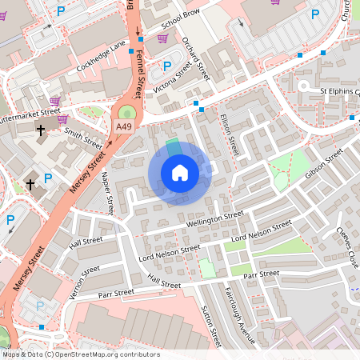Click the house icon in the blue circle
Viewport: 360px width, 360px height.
click(x=180, y=173)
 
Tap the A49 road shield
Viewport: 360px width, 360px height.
click(x=123, y=126)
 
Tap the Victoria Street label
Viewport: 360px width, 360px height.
click(x=174, y=78)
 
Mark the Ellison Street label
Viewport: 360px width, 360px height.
click(x=229, y=134)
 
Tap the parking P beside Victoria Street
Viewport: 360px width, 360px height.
click(x=167, y=66)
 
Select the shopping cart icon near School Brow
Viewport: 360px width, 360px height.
click(x=162, y=37)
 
